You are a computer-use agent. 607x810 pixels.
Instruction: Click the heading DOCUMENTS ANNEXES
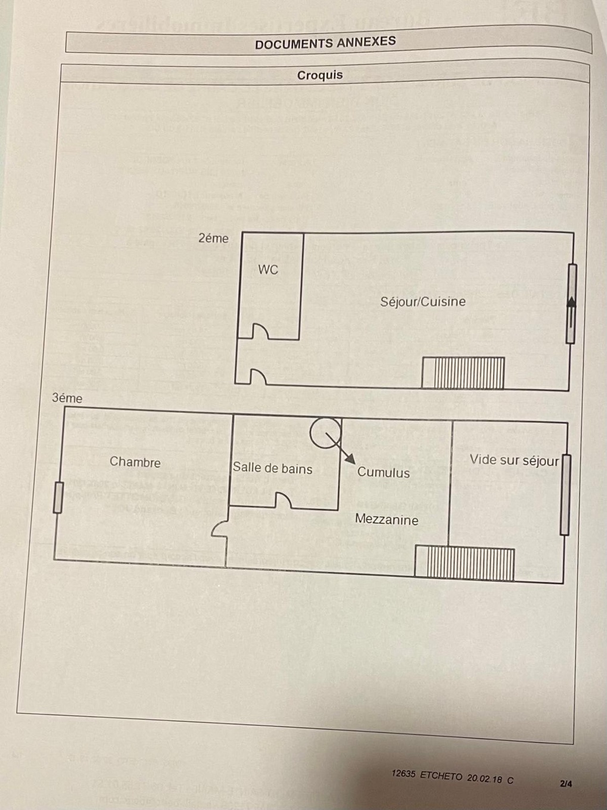pos(325,43)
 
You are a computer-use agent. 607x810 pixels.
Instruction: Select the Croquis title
pos(320,75)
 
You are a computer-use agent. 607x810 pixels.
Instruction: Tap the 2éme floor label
pos(213,238)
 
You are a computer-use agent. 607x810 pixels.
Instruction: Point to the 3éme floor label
pos(67,398)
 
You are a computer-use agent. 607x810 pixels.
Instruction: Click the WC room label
pos(268,270)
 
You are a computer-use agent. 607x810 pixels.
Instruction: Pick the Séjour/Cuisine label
pos(423,301)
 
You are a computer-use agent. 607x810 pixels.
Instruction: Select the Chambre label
pos(135,462)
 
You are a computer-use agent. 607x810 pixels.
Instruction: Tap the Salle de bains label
pos(272,468)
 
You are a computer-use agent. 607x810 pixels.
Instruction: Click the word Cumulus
pos(384,472)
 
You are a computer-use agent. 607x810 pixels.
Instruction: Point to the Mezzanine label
pos(387,519)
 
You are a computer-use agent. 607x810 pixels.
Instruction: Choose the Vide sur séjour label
pos(514,460)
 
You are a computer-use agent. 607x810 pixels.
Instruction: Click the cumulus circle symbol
pos(325,432)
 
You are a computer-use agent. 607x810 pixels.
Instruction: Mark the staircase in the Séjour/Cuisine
pos(463,373)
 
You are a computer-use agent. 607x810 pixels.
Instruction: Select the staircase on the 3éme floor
pos(465,563)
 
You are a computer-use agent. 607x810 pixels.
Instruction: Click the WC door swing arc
pos(261,331)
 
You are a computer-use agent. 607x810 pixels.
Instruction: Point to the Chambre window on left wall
pos(58,497)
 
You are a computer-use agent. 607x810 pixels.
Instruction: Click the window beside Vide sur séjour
pos(565,495)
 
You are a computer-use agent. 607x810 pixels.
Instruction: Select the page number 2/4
pos(565,783)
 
